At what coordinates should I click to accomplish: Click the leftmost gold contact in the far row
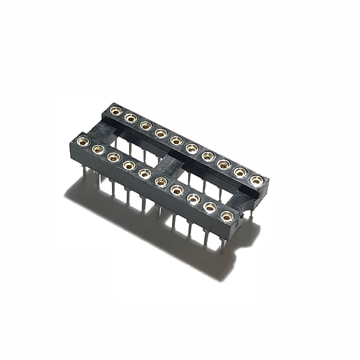tap(116, 111)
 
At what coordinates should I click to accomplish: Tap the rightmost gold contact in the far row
tap(256, 180)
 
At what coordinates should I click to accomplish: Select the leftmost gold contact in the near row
tap(83, 142)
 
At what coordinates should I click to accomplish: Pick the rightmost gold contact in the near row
tap(227, 216)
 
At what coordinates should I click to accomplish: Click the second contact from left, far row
tap(131, 118)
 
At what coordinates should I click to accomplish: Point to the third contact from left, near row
tap(113, 157)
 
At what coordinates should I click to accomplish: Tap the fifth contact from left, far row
tap(176, 140)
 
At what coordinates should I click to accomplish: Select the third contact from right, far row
tap(224, 164)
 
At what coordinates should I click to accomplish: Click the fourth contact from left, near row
tap(129, 165)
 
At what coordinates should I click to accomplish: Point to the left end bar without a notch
tap(97, 130)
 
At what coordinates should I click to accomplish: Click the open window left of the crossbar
tap(135, 144)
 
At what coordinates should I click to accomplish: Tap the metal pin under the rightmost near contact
tap(222, 245)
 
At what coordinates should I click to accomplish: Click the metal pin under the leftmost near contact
tap(84, 173)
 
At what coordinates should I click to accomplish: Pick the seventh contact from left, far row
tap(208, 156)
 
